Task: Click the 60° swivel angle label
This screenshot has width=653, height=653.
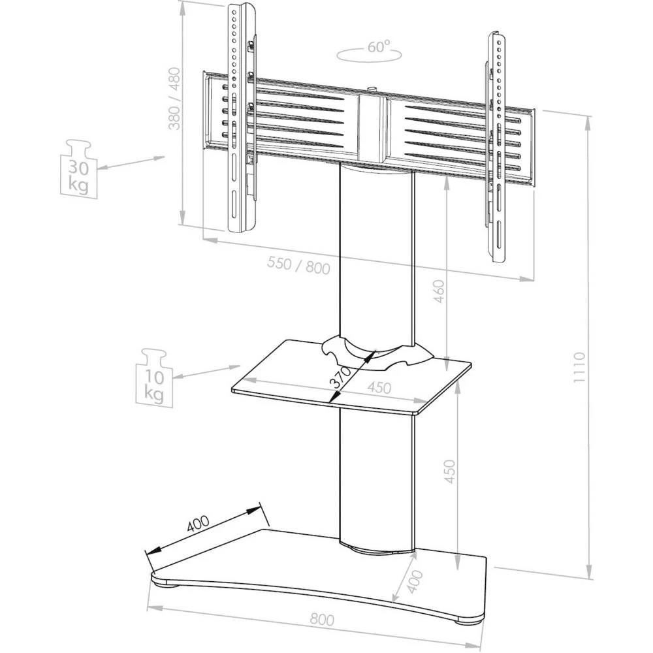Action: click(378, 47)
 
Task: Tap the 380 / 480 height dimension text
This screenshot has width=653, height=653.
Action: click(175, 98)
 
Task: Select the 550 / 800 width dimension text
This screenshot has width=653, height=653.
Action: click(299, 264)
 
